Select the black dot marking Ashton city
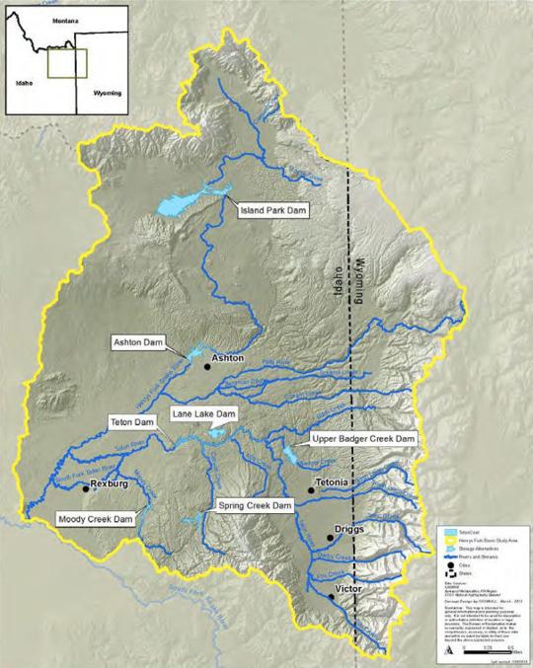tap(207, 366)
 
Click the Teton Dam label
tap(132, 422)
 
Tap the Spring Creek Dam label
tap(256, 505)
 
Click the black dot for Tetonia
tap(311, 489)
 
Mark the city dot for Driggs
tap(329, 538)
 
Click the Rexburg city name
tap(110, 485)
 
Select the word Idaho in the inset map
tap(24, 83)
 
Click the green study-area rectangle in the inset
tap(69, 63)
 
